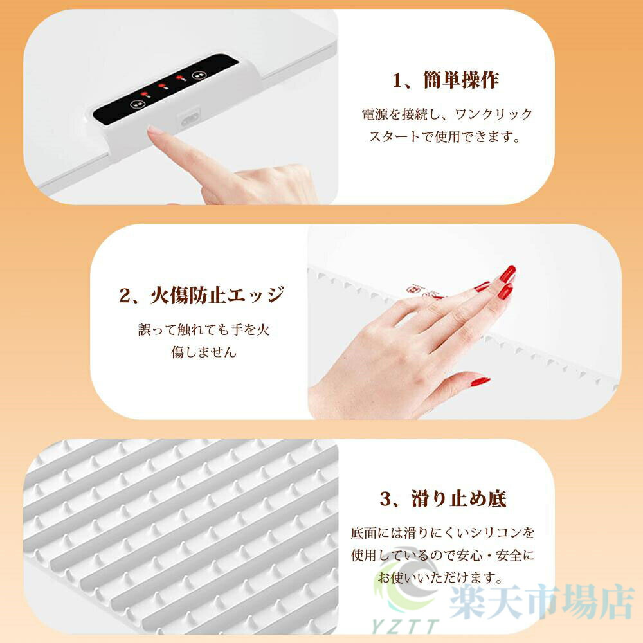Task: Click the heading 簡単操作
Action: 461,80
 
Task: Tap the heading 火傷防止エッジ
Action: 217,295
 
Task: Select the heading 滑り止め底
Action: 459,499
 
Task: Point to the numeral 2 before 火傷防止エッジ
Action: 125,296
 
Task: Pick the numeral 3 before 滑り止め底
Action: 385,499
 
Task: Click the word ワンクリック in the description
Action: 494,114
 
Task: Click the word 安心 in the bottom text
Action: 469,556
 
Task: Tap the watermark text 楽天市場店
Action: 542,602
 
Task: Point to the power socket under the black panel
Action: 190,120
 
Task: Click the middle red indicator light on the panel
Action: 161,86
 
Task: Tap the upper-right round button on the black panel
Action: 199,75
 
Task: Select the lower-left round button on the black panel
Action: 136,104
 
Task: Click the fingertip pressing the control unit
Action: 153,131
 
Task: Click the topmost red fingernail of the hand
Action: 508,273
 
